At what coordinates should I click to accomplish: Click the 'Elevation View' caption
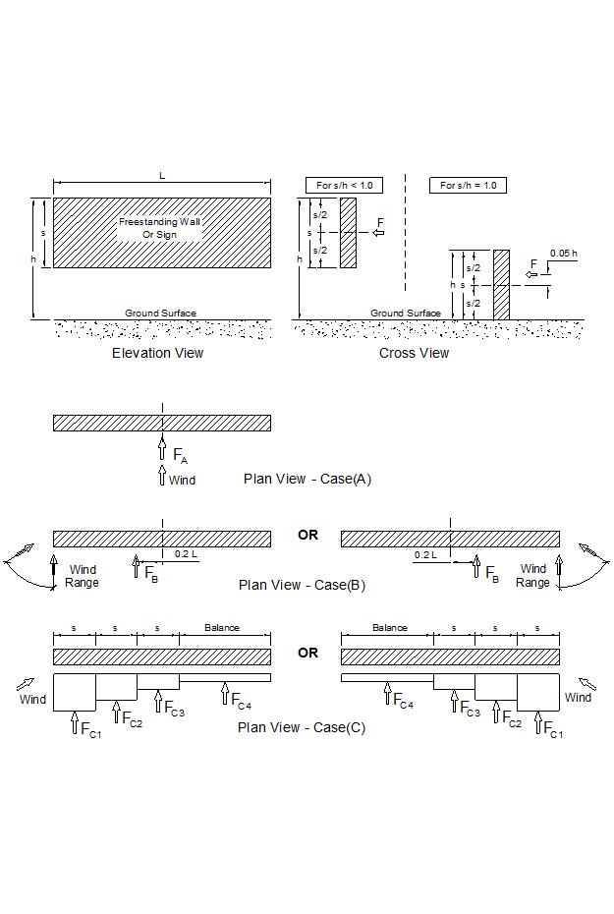click(157, 353)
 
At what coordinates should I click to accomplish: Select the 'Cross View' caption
click(414, 353)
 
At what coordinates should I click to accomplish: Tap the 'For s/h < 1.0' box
click(344, 185)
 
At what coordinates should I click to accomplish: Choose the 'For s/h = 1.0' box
click(468, 185)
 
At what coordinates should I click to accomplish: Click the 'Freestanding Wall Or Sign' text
click(160, 228)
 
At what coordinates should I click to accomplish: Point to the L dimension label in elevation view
click(162, 175)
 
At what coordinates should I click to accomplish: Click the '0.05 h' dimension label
click(563, 254)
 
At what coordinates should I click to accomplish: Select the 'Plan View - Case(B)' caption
click(302, 585)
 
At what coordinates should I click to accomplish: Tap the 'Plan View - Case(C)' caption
click(302, 728)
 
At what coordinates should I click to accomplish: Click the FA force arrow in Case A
click(162, 450)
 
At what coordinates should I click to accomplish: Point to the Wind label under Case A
click(182, 481)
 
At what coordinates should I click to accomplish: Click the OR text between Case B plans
click(307, 536)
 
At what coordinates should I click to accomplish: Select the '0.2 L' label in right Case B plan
click(424, 555)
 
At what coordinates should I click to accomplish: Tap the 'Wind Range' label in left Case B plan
click(83, 576)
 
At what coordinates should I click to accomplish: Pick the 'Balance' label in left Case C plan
click(222, 627)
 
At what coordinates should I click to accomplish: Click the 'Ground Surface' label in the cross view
click(406, 314)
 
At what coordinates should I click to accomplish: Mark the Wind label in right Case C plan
click(578, 697)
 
